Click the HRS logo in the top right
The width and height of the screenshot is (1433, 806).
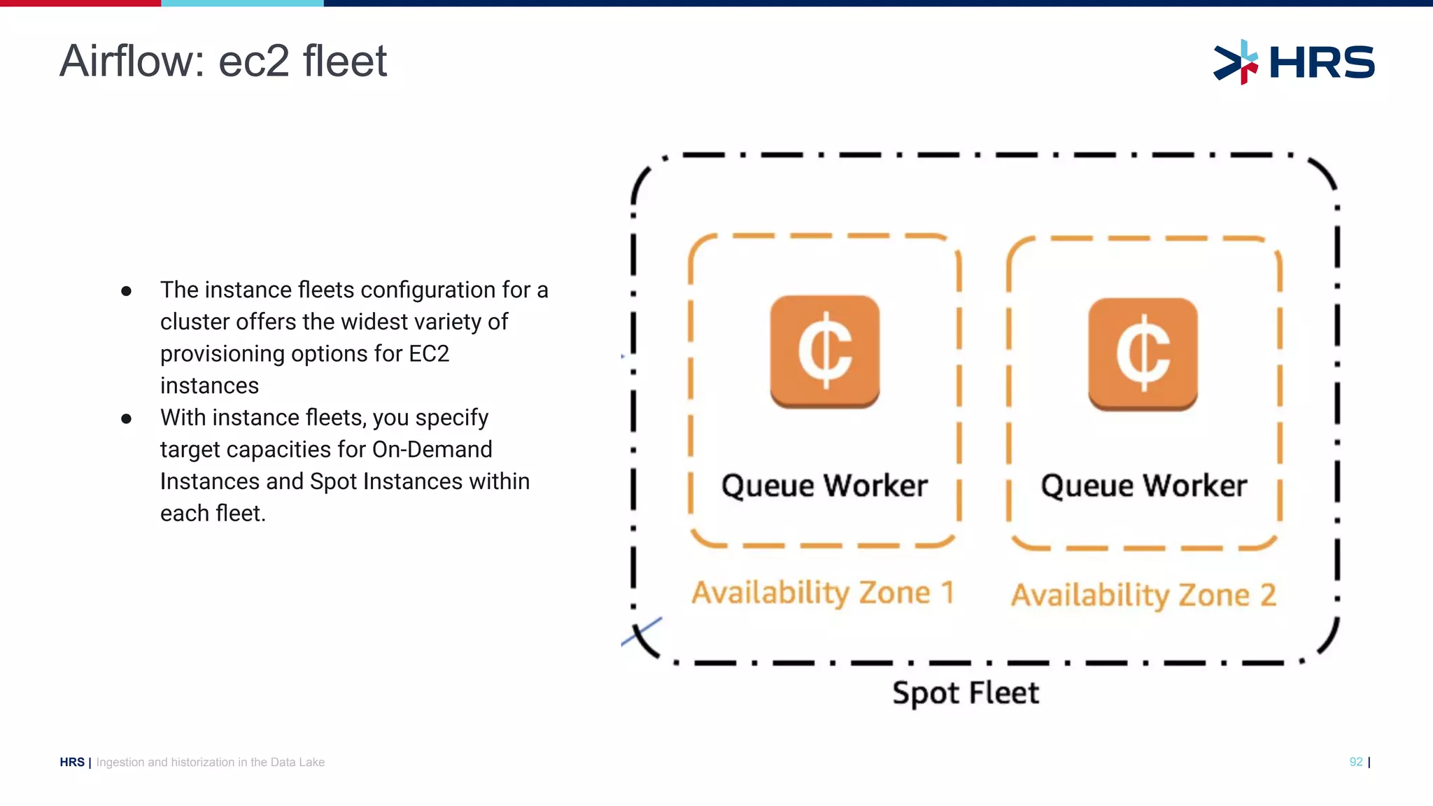1294,62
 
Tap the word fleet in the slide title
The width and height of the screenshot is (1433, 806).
345,61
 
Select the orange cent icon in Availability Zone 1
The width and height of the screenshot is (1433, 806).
825,351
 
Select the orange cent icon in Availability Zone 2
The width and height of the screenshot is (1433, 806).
1143,353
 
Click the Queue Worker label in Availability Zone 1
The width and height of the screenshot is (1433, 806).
824,486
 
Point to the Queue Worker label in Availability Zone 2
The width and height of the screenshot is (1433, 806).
1143,486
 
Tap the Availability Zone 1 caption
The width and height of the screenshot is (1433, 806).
823,593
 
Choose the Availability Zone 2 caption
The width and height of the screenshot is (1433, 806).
1143,595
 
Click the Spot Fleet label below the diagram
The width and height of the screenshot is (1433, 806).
966,693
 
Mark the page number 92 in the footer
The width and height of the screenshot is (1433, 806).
1356,762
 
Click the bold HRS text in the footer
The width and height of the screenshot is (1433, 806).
72,762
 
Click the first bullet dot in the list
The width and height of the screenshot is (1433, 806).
126,291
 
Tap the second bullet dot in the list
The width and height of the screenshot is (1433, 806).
126,419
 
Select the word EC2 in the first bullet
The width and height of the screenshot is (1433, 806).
428,354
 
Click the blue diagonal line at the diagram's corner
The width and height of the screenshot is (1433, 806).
642,631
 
